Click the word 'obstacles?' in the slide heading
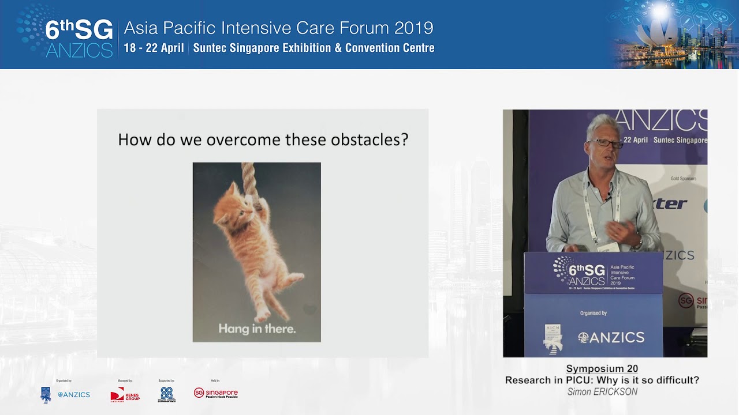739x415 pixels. point(369,139)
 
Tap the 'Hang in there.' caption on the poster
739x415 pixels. point(257,329)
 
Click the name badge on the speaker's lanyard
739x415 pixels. point(607,247)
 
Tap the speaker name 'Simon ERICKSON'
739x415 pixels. point(602,392)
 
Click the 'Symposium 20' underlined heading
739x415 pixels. point(602,369)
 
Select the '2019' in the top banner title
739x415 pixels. point(414,28)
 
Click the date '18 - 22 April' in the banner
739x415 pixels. point(154,48)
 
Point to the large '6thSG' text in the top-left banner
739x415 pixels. point(79,30)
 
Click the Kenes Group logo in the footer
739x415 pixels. point(125,394)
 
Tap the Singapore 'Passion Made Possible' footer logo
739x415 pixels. point(216,393)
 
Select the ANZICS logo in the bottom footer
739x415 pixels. point(73,395)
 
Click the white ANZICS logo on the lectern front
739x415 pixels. point(611,338)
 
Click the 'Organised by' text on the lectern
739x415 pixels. point(593,313)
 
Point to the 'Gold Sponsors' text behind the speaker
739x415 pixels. point(683,179)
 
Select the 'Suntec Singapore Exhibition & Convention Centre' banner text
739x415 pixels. point(313,48)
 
